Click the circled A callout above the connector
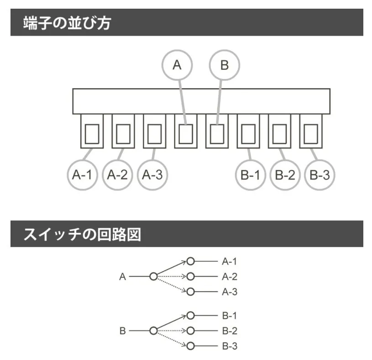(177, 65)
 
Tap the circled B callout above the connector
(224, 65)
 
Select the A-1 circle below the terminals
(82, 175)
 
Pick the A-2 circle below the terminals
(117, 175)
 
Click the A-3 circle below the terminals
(152, 175)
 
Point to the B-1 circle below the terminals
(250, 175)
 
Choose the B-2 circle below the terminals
(285, 175)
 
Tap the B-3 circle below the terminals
(320, 175)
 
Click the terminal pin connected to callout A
(186, 132)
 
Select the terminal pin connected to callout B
(217, 132)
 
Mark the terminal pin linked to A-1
(92, 132)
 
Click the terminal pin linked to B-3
(311, 132)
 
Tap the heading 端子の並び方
(67, 23)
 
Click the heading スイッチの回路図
(82, 234)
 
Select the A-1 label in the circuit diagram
(230, 261)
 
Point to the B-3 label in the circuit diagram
(230, 346)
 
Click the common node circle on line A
(153, 276)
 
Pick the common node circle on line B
(153, 331)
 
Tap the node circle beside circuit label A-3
(190, 291)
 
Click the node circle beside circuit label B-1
(190, 315)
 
